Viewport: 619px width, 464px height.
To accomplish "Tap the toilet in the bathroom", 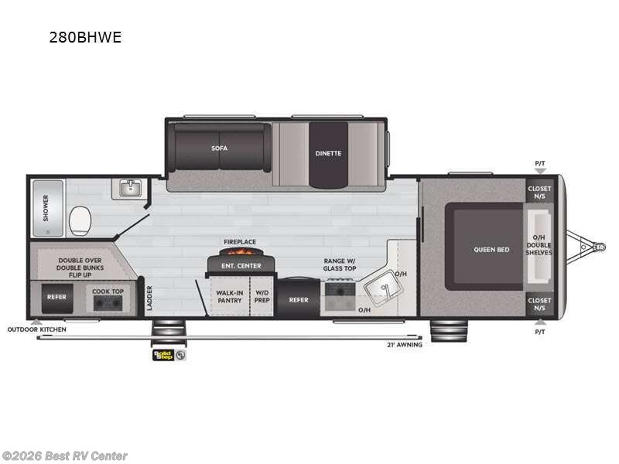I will click(78, 221).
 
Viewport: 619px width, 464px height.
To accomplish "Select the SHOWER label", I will click(46, 208).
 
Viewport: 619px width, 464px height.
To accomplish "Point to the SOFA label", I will click(220, 147).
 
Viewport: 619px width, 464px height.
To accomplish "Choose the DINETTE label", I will click(327, 153).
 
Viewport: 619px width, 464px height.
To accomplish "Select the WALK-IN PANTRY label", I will click(229, 296).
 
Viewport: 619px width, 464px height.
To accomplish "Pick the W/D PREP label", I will click(263, 296).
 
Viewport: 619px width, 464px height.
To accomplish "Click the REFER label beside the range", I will click(299, 300).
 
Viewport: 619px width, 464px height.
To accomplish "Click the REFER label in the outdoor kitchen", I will click(56, 297).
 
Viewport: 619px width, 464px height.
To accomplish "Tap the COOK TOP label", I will click(108, 292).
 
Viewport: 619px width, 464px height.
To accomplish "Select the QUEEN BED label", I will click(492, 249).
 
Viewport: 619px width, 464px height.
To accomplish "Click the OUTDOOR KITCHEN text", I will click(37, 329).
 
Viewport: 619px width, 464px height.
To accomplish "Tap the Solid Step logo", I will click(162, 355).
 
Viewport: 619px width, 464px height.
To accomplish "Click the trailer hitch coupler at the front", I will click(598, 247).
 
